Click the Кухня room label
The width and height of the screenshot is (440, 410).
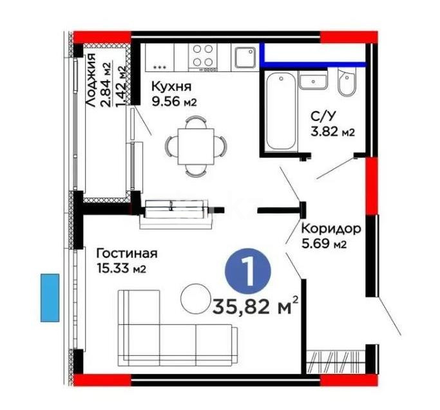(x=169, y=87)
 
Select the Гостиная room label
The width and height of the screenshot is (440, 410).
(x=126, y=254)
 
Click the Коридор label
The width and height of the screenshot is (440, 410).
(x=330, y=229)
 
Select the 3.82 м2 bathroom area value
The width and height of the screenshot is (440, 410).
(x=333, y=133)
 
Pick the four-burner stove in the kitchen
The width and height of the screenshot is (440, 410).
(x=205, y=57)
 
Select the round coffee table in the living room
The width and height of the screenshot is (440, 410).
(x=195, y=298)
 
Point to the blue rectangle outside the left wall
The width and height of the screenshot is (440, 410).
(x=50, y=297)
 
